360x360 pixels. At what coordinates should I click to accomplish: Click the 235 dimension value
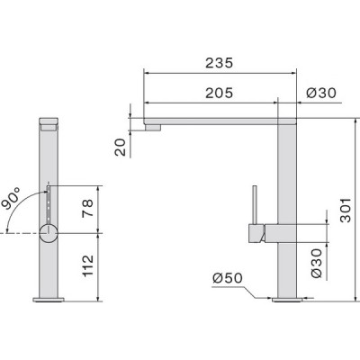[219, 63]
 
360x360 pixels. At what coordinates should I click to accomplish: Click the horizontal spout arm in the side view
[216, 118]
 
